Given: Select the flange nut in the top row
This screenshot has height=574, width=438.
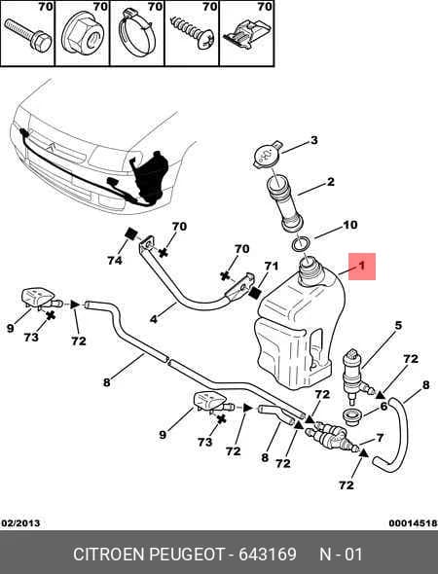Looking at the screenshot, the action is [82, 38].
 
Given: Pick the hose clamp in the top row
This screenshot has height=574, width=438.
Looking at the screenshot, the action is [136, 34].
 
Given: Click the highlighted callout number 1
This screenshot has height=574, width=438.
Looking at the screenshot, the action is [362, 267].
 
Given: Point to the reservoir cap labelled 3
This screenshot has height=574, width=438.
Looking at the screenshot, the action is [268, 156].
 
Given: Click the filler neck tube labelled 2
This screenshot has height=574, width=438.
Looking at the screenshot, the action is [284, 203].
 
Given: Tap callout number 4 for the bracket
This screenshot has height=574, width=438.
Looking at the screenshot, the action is [154, 319].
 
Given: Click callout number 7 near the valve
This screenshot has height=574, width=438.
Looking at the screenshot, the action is [380, 437].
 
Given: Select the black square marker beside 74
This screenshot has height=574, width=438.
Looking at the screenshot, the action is [130, 233].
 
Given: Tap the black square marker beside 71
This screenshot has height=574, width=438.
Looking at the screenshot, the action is [254, 292].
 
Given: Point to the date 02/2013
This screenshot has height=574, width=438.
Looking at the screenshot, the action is [20, 523].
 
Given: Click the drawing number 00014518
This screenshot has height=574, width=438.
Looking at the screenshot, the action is [413, 523].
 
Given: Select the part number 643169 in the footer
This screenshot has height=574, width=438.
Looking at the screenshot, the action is [268, 554].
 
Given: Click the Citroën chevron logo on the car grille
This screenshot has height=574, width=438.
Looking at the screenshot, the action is [51, 148].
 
